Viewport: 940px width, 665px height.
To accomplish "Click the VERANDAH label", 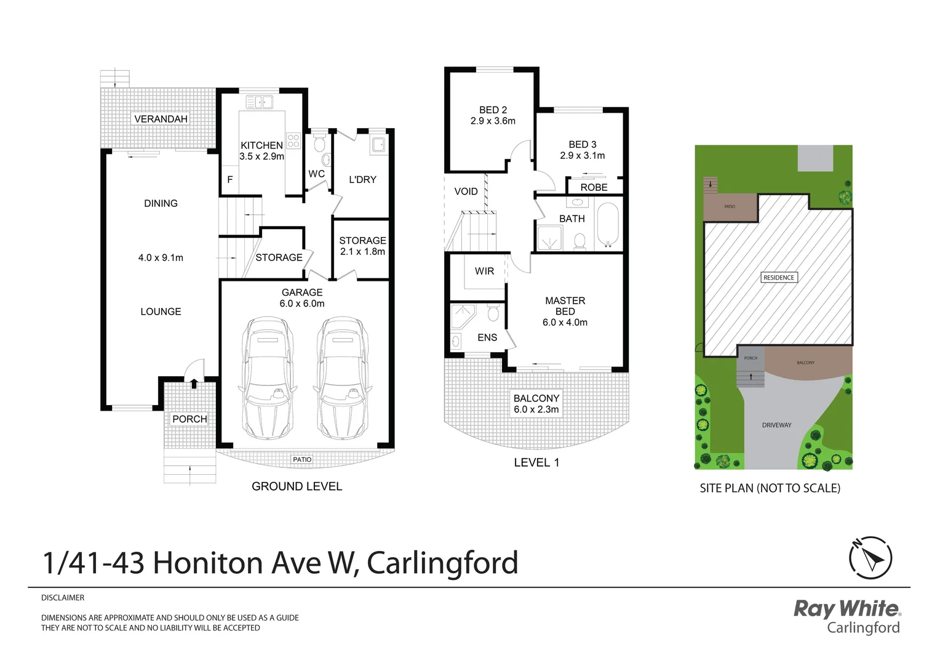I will (x=161, y=119).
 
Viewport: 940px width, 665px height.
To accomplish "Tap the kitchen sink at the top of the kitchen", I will (x=260, y=102).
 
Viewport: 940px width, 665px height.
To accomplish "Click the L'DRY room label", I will (x=362, y=180).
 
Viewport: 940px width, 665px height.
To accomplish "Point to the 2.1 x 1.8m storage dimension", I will (x=362, y=251).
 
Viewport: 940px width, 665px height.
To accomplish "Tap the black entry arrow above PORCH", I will (x=194, y=384).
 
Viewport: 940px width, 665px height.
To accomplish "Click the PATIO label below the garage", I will (x=302, y=459).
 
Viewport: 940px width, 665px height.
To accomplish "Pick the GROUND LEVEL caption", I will (x=297, y=486).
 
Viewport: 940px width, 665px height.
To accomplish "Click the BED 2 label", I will (x=493, y=110).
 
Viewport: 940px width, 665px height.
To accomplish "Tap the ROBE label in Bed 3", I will (x=594, y=187).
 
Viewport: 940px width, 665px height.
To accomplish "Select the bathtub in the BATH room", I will (x=607, y=225).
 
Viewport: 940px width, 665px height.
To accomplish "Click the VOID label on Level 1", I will (x=466, y=191).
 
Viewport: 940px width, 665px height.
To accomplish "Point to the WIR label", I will (x=484, y=271).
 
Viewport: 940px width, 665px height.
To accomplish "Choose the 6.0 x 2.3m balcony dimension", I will (x=536, y=409).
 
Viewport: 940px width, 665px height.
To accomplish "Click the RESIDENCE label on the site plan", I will (x=779, y=278).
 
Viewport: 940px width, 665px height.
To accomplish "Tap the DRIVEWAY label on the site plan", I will (x=776, y=425).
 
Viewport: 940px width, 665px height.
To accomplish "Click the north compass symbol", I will (x=870, y=558).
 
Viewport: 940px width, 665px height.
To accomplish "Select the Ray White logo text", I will (x=846, y=609).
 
